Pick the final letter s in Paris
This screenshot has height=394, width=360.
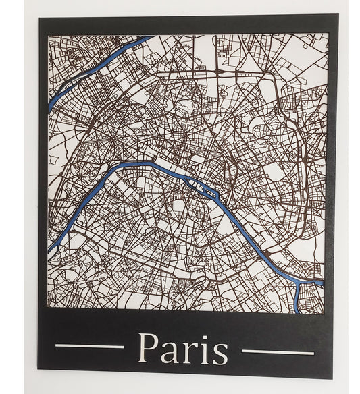[x=220, y=352]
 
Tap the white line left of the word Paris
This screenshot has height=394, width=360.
[x=89, y=346]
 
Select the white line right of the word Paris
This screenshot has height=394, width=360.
[x=278, y=351]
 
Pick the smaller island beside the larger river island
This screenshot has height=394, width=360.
[x=212, y=193]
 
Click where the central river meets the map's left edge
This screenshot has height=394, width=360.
[x=50, y=248]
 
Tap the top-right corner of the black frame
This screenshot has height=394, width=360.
[x=338, y=15]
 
